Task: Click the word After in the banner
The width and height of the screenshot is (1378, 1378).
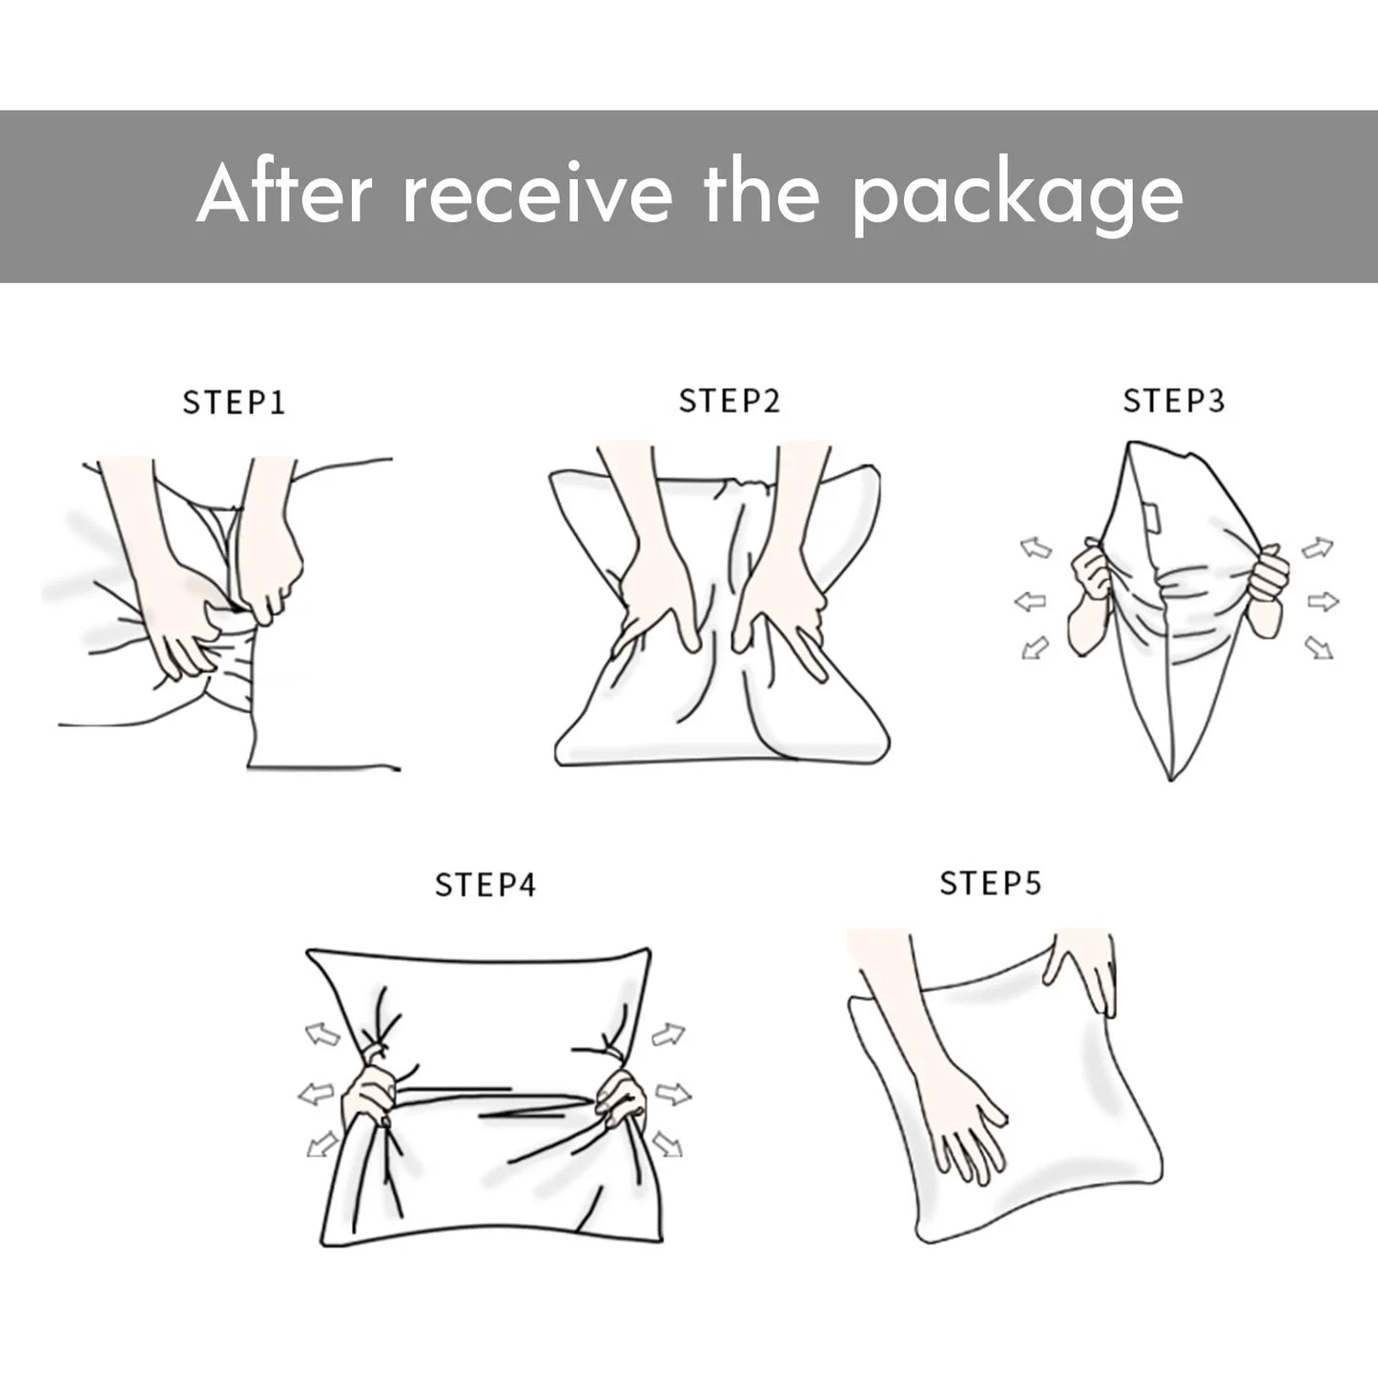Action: [284, 193]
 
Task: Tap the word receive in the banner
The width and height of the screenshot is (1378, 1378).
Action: [538, 195]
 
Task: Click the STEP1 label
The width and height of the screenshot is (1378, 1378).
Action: [234, 402]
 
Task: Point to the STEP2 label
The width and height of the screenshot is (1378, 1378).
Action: [729, 401]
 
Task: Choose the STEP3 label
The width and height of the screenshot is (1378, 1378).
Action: [1174, 401]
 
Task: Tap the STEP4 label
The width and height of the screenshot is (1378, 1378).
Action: [484, 885]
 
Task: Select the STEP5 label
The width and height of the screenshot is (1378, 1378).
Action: [991, 883]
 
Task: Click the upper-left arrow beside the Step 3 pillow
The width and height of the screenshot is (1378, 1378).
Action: [1036, 548]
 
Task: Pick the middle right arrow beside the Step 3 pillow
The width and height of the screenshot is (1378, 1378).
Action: [1323, 602]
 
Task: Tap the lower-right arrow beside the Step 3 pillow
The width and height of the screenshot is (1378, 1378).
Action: [1320, 648]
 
